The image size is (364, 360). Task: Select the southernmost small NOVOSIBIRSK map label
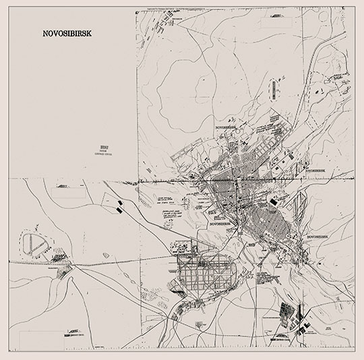[320, 238]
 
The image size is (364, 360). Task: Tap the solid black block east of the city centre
[274, 200]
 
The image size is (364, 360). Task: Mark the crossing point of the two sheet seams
[138, 179]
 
